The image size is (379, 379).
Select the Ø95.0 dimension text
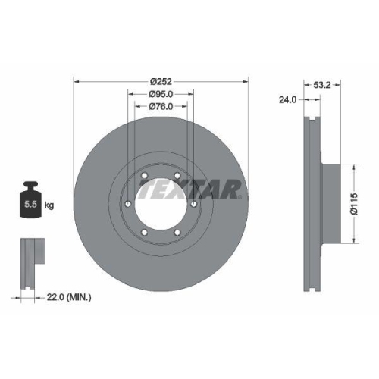pos(161,95)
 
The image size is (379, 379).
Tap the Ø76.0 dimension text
pos(161,106)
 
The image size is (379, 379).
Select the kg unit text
pos(49,205)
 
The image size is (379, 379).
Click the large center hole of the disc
pos(161,205)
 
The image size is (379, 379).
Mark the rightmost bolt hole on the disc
pos(195,205)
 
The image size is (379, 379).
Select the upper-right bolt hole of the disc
pos(178,177)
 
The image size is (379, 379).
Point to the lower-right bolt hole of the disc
pos(178,233)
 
